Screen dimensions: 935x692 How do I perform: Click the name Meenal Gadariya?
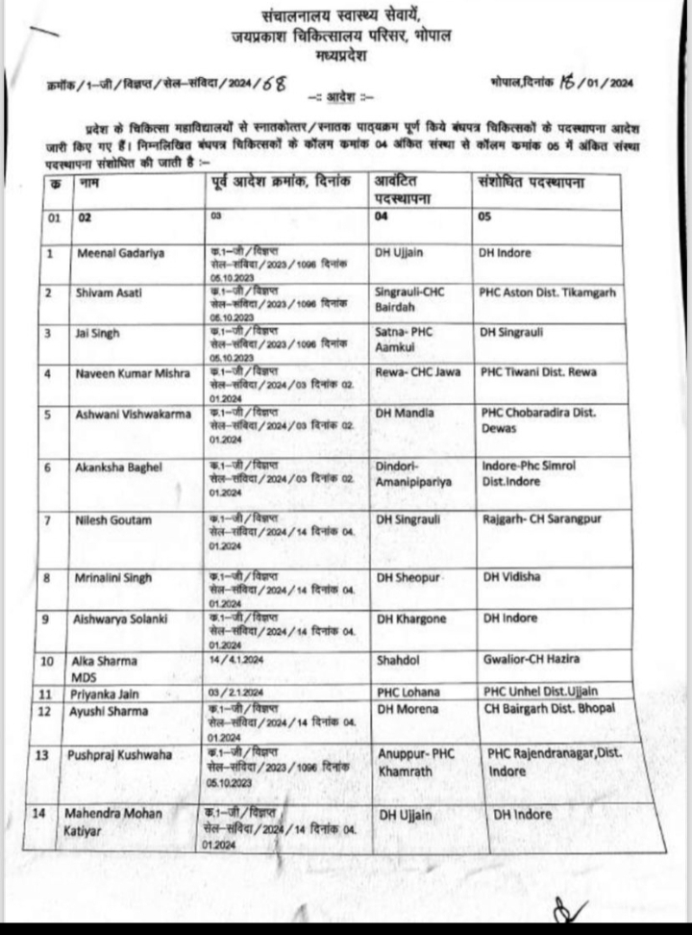point(116,252)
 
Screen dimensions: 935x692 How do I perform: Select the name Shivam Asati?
point(109,291)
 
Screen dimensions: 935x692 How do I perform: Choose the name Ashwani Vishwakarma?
point(133,413)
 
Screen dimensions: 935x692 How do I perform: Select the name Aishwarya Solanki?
point(122,618)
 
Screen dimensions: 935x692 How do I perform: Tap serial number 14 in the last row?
point(39,814)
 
